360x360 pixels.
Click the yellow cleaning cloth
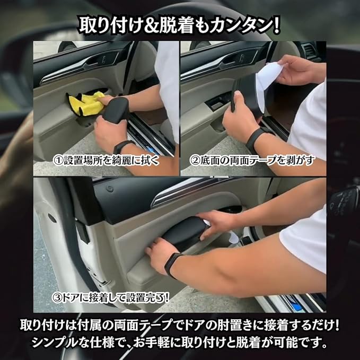(x=86, y=104)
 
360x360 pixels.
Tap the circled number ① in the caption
(x=58, y=161)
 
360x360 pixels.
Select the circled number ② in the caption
(x=195, y=161)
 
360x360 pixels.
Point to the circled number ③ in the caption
(x=57, y=298)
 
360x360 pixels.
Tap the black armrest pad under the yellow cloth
(x=116, y=108)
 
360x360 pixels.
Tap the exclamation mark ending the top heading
(x=277, y=25)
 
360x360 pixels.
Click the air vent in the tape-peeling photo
(x=309, y=51)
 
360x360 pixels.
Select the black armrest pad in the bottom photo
(x=185, y=233)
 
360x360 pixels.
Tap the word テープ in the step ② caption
(x=262, y=161)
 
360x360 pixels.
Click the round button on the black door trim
(x=110, y=189)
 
